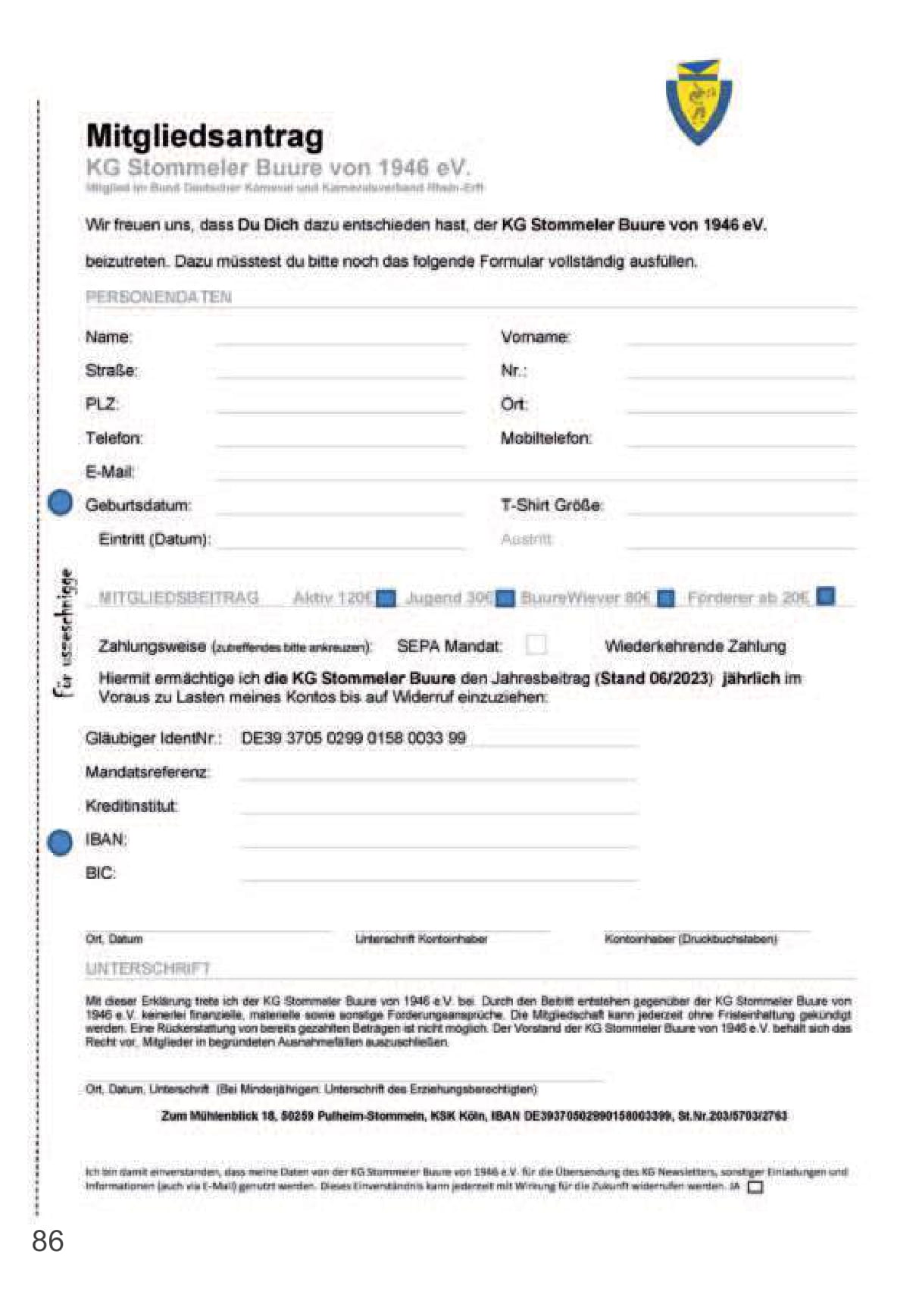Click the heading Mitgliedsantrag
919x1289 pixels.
tap(205, 136)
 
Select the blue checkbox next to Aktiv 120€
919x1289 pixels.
tap(386, 598)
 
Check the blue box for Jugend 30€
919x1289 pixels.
tap(505, 598)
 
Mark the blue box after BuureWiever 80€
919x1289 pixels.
tap(665, 598)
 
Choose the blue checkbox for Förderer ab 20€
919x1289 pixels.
tap(826, 596)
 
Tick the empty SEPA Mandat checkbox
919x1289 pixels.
tap(536, 644)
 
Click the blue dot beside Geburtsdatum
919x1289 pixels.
tap(61, 503)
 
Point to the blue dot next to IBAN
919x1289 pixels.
tap(60, 842)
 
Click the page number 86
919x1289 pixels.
tap(48, 1242)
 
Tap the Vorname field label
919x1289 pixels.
tap(535, 337)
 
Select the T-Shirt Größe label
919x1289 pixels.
tap(551, 505)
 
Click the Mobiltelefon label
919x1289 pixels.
tap(545, 438)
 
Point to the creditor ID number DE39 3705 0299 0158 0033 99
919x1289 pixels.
tap(353, 738)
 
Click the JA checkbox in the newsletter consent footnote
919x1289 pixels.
tap(755, 1187)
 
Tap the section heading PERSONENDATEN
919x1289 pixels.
tap(158, 297)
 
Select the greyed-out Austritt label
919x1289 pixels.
tap(526, 539)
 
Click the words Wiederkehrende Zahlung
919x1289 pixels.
tap(695, 646)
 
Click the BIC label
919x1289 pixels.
tap(100, 873)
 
